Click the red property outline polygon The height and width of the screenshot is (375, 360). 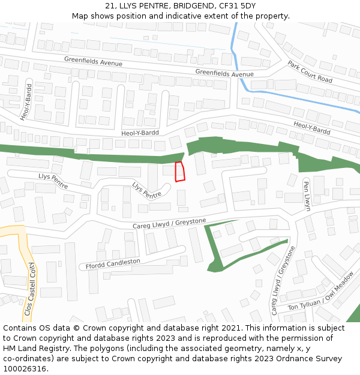click(179, 172)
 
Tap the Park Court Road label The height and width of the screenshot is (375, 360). click(310, 71)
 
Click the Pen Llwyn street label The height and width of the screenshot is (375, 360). click(307, 196)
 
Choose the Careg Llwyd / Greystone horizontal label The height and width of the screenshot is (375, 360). click(169, 223)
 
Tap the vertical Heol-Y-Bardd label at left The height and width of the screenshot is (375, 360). click(25, 102)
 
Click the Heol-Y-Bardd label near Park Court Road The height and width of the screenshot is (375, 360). click(312, 127)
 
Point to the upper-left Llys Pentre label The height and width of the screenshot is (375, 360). click(53, 179)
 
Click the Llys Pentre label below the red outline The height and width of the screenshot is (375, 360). click(147, 190)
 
